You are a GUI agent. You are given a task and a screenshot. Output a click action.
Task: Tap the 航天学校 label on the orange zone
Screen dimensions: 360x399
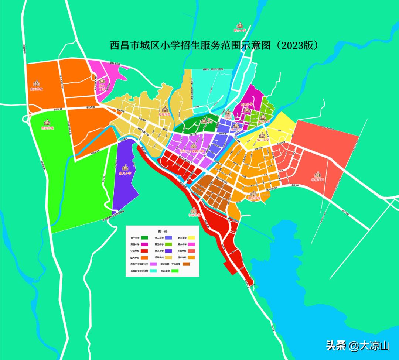click(x=37, y=89)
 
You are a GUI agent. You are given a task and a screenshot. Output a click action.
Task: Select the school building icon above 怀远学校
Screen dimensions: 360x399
click(x=47, y=122)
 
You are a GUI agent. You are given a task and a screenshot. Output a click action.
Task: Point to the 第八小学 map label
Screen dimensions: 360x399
click(x=125, y=172)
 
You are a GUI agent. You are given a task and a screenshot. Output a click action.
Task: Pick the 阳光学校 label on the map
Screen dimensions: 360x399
click(x=254, y=198)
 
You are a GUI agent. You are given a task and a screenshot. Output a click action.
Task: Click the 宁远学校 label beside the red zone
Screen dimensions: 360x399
click(x=194, y=215)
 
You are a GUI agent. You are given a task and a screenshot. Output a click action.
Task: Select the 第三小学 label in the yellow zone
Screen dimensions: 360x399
click(x=263, y=140)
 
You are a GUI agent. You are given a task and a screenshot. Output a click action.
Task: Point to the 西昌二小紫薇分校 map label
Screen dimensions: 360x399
click(x=192, y=151)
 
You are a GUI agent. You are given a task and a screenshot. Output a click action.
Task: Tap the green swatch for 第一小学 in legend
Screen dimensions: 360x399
click(x=145, y=238)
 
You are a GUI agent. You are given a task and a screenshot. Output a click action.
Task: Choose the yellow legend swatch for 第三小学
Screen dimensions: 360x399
click(x=191, y=238)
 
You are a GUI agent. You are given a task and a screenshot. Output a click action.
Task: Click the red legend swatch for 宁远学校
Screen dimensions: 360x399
click(x=145, y=251)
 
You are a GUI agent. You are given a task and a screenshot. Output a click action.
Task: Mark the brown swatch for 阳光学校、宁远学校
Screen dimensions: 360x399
click(x=186, y=264)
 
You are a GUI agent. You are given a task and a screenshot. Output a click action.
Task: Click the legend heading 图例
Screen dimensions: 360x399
click(x=163, y=231)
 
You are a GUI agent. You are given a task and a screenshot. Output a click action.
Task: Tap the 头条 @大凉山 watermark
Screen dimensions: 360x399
click(x=357, y=346)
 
